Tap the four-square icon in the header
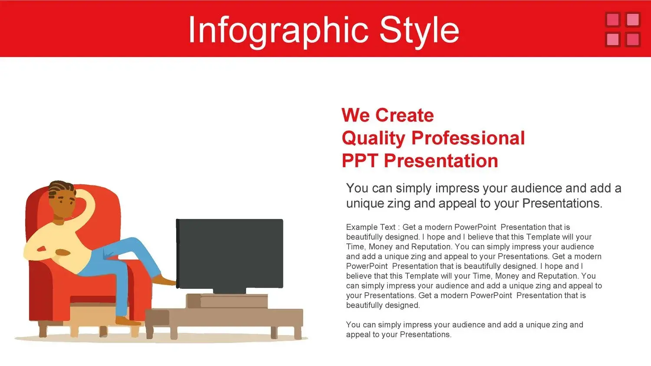623,29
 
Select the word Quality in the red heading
373,138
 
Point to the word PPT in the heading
360,160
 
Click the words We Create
388,115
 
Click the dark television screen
230,254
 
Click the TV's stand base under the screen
229,291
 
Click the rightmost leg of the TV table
298,332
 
